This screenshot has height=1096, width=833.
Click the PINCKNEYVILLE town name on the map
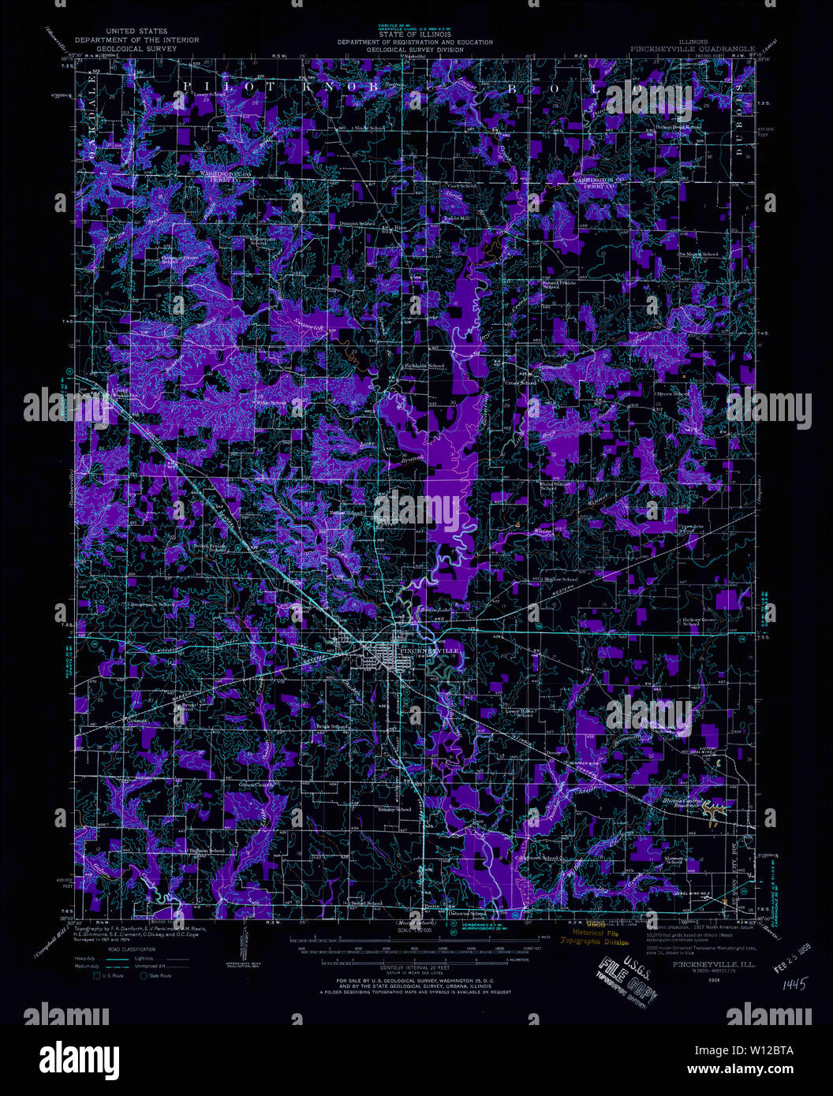click(426, 650)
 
